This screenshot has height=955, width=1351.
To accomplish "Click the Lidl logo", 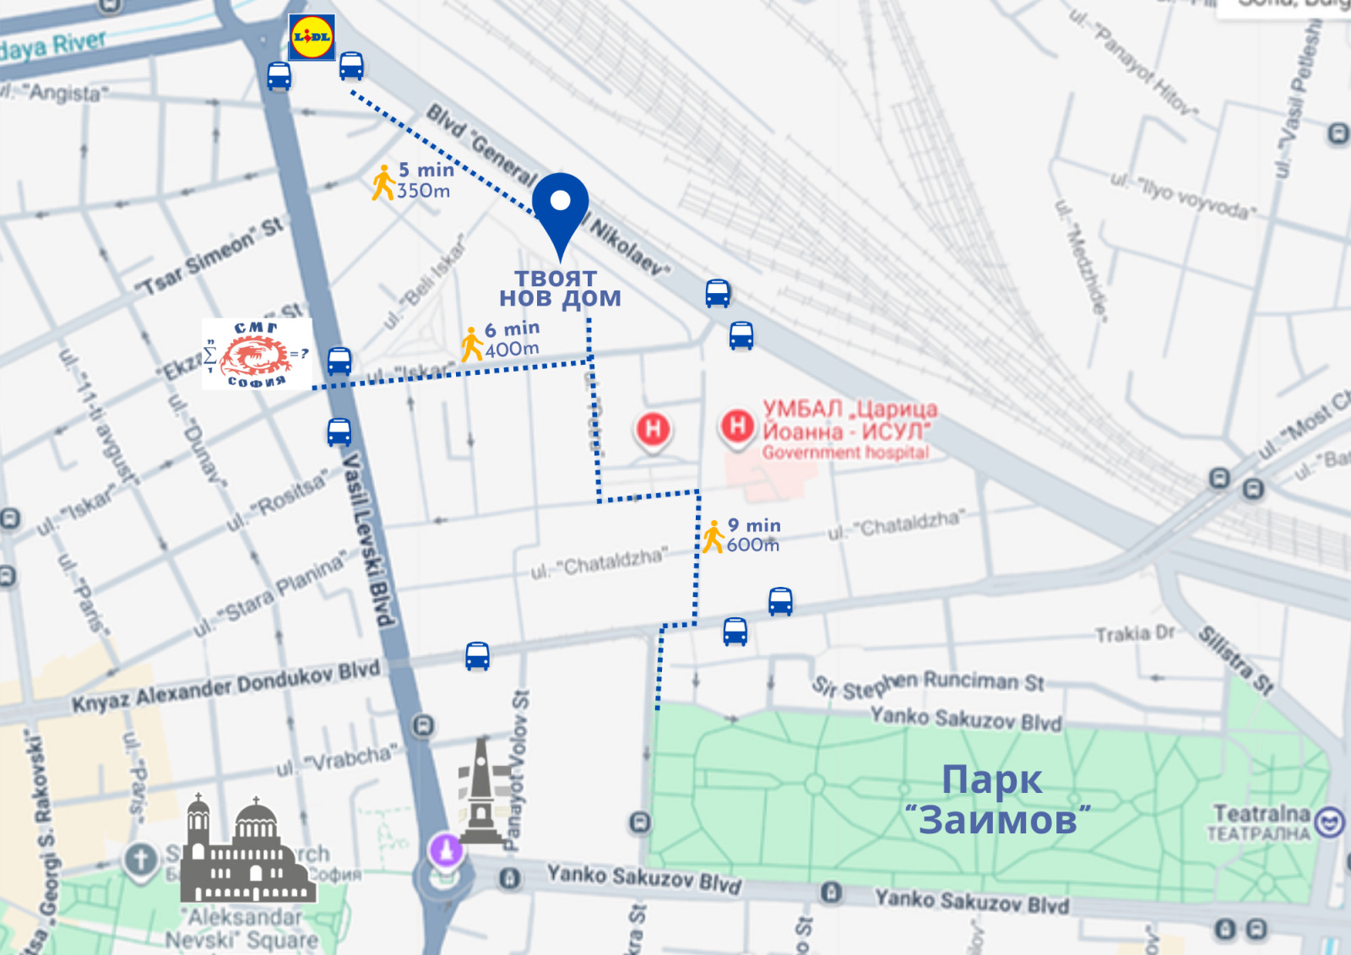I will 312,37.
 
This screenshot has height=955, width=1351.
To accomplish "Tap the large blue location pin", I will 561,208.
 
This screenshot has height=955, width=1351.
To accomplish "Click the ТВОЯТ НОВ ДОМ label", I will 559,289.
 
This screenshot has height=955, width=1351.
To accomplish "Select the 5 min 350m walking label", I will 414,181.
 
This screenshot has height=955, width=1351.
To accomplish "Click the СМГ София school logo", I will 257,354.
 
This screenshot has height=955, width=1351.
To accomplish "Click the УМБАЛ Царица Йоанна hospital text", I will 848,430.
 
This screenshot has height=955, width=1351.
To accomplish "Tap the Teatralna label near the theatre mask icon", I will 1260,822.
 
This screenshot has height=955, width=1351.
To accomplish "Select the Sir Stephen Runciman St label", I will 929,683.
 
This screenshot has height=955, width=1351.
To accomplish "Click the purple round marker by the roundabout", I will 446,848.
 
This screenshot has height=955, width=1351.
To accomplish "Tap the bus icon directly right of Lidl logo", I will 351,65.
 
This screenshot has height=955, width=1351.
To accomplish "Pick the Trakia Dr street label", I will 1135,633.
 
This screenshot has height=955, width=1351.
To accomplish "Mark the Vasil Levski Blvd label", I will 368,540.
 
